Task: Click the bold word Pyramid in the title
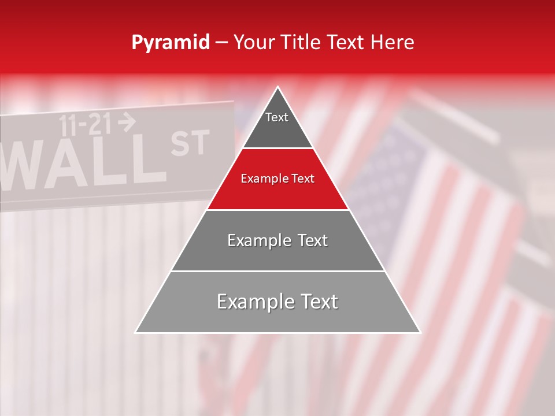coord(171,42)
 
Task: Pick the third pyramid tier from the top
coord(277,240)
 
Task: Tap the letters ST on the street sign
coord(190,144)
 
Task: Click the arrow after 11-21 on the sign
coord(127,121)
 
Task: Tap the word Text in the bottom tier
coord(317,302)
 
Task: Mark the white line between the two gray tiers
coord(277,270)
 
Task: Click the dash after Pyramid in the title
coord(221,42)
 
